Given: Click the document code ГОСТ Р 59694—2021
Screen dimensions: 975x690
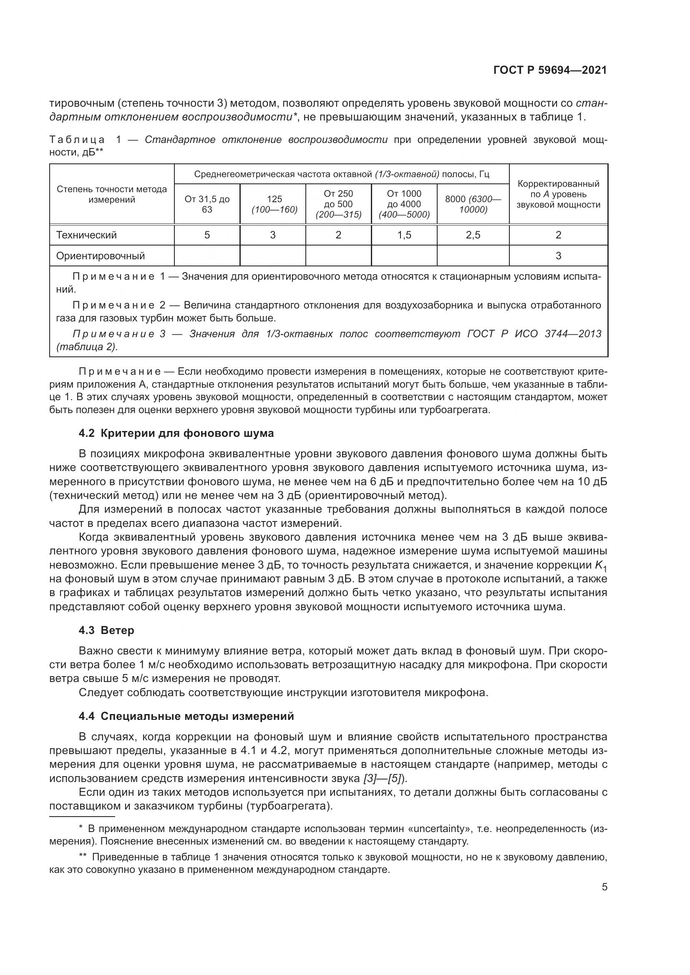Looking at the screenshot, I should [x=550, y=70].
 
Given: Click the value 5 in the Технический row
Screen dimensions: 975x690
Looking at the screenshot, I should [x=207, y=235].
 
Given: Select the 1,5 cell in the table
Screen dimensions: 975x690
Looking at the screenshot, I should [x=404, y=235].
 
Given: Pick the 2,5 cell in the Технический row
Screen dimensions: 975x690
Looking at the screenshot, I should [x=473, y=235].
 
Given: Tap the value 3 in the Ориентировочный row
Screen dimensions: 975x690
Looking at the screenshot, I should [x=558, y=256].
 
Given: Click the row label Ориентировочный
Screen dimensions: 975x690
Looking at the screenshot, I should [x=100, y=256].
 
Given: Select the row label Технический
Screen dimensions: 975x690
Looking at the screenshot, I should [x=86, y=235].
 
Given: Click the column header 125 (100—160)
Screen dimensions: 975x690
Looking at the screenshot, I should [x=273, y=204].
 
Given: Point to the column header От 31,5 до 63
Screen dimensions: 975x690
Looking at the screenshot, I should [x=207, y=204].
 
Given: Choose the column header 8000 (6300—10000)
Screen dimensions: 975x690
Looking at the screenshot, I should [x=473, y=204].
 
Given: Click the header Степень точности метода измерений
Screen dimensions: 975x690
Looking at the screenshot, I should [x=112, y=194].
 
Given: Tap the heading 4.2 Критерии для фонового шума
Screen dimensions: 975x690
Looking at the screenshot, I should [x=176, y=433].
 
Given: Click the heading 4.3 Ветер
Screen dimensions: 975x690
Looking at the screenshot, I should [x=106, y=630].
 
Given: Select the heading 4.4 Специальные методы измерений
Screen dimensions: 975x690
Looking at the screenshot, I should [x=186, y=716].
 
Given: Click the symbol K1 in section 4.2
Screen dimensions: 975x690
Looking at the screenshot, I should [x=601, y=566].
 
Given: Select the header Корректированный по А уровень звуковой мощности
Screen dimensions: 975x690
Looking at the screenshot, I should [x=558, y=194].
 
